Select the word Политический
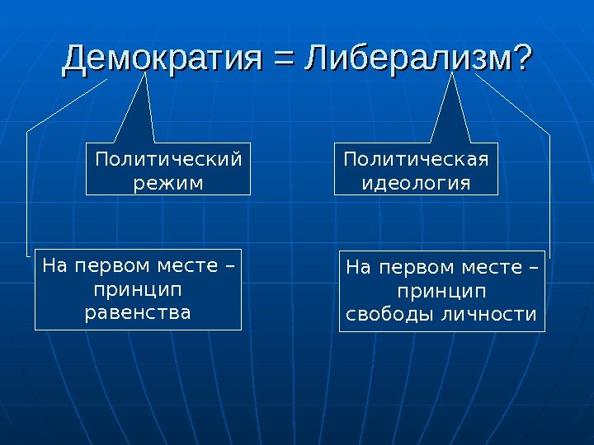coord(168,158)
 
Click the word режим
coord(167,180)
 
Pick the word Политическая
coord(416,158)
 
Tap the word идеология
coord(416,180)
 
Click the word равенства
coord(138,313)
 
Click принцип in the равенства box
coord(138,290)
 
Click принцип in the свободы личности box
coord(442,292)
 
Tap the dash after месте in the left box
coord(230,267)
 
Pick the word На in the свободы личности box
coord(358,268)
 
